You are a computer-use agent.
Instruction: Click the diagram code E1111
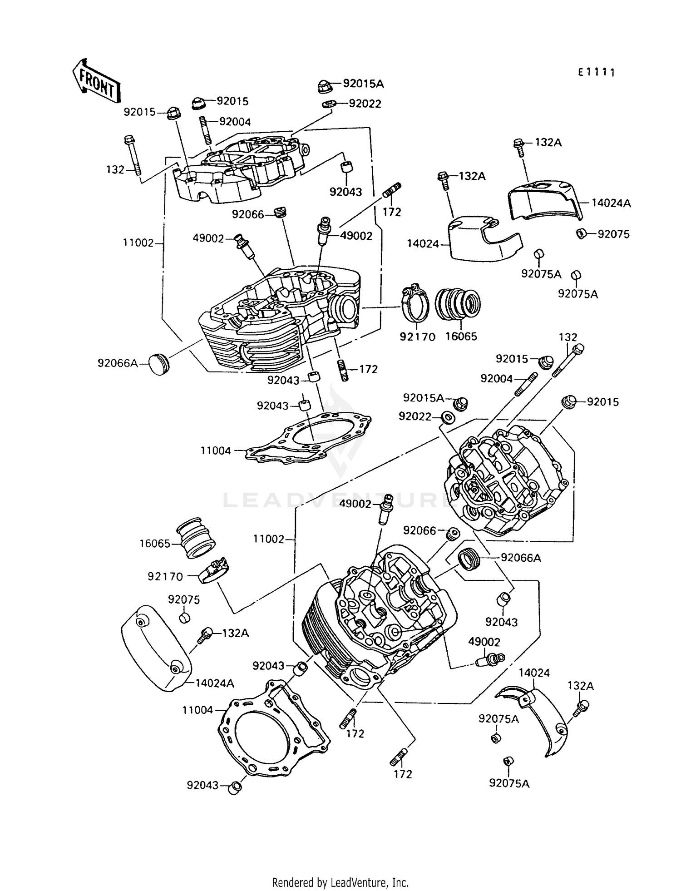pos(597,72)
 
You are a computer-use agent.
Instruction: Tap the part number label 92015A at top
pos(363,84)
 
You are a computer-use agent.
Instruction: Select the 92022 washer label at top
pos(365,104)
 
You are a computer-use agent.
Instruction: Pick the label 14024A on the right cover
pos(611,203)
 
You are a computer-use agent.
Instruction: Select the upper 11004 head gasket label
pos(216,451)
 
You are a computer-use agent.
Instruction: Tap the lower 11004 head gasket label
pos(197,710)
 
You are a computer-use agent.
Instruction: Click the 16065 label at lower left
pos(155,544)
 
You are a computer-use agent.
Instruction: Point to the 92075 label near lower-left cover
pos(184,599)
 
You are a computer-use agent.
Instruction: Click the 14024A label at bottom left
pos(215,683)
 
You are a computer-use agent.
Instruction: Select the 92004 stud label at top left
pos(235,122)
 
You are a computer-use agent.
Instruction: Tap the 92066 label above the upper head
pos(247,214)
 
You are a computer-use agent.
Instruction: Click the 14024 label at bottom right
pos(534,673)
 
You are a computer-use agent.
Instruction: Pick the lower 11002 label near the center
pos(269,539)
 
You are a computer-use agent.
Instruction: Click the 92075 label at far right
pos(613,234)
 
